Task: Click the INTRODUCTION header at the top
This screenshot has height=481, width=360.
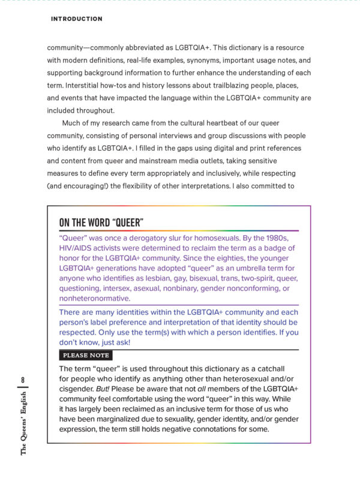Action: click(x=76, y=19)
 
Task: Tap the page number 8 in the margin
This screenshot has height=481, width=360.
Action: click(x=22, y=380)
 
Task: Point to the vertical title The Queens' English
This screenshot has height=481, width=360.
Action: click(x=22, y=423)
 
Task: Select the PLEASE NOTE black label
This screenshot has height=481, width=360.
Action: click(x=83, y=356)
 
